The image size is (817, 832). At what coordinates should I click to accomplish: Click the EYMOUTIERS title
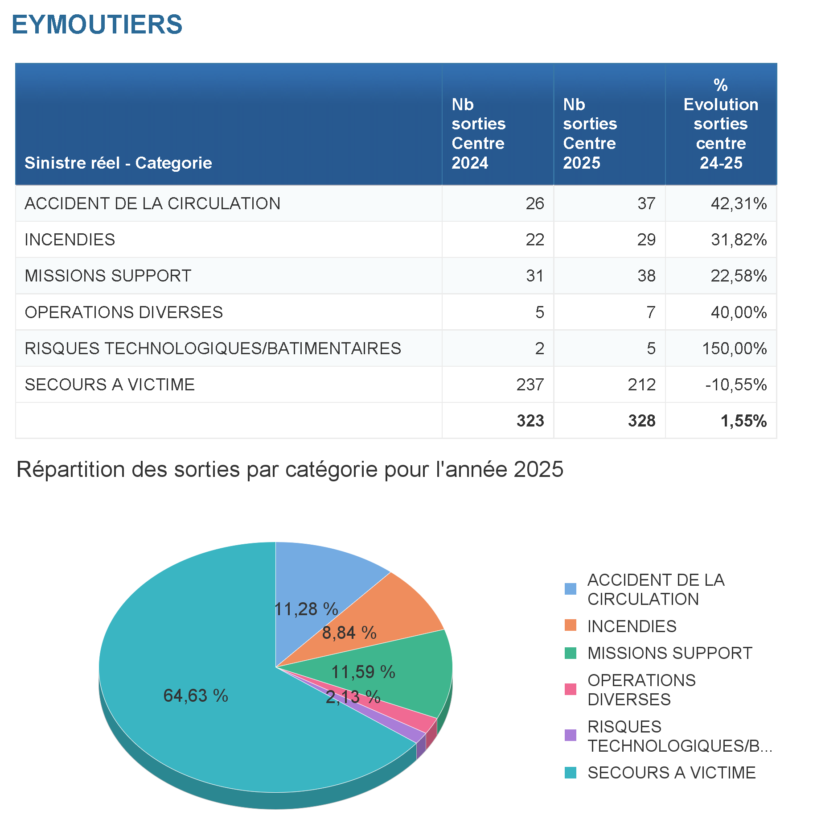pyautogui.click(x=97, y=24)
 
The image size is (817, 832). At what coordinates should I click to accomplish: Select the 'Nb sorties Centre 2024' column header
pyautogui.click(x=478, y=133)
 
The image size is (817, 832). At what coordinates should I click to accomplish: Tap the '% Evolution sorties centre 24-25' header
pyautogui.click(x=721, y=124)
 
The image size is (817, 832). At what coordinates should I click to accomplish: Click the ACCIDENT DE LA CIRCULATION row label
pyautogui.click(x=152, y=203)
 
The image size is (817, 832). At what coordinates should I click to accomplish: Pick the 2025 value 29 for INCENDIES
pyautogui.click(x=646, y=240)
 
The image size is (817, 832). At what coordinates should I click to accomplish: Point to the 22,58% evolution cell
pyautogui.click(x=739, y=276)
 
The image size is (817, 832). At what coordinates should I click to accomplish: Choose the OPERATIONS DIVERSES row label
pyautogui.click(x=123, y=312)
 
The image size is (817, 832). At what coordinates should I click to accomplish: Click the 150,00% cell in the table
pyautogui.click(x=734, y=348)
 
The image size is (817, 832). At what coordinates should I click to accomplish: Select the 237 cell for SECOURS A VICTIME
pyautogui.click(x=530, y=385)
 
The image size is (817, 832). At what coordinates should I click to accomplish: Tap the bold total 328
pyautogui.click(x=641, y=421)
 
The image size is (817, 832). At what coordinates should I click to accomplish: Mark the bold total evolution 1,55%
pyautogui.click(x=743, y=421)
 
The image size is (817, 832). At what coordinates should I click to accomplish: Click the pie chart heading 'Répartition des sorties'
pyautogui.click(x=290, y=469)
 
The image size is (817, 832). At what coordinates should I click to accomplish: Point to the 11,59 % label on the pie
pyautogui.click(x=363, y=672)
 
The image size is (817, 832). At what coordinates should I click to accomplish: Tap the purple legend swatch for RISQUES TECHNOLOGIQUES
pyautogui.click(x=570, y=735)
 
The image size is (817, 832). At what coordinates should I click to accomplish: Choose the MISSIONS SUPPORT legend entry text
pyautogui.click(x=669, y=653)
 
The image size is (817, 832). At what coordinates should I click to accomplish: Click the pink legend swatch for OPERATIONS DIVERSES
pyautogui.click(x=570, y=689)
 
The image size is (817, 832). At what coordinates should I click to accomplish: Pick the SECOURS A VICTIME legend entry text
pyautogui.click(x=671, y=773)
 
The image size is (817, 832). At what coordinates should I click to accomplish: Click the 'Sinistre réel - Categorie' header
pyautogui.click(x=118, y=163)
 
